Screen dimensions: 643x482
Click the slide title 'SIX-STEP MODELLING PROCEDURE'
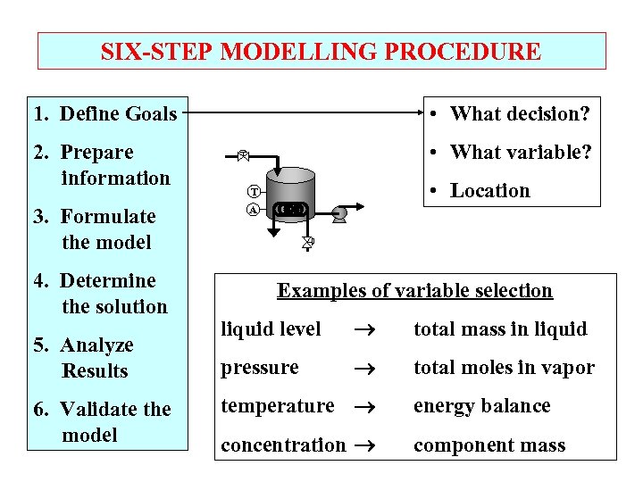(x=321, y=52)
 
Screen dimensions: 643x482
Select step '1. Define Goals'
(x=104, y=113)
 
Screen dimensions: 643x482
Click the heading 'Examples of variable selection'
(x=414, y=290)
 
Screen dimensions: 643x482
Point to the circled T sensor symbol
(x=254, y=191)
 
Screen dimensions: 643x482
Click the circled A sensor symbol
(x=254, y=211)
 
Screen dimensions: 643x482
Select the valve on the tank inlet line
(x=242, y=154)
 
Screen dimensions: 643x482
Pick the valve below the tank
(x=306, y=242)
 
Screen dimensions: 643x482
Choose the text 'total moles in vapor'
(x=503, y=368)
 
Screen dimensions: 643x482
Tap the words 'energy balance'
(x=480, y=406)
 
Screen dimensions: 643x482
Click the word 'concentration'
(x=283, y=445)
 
